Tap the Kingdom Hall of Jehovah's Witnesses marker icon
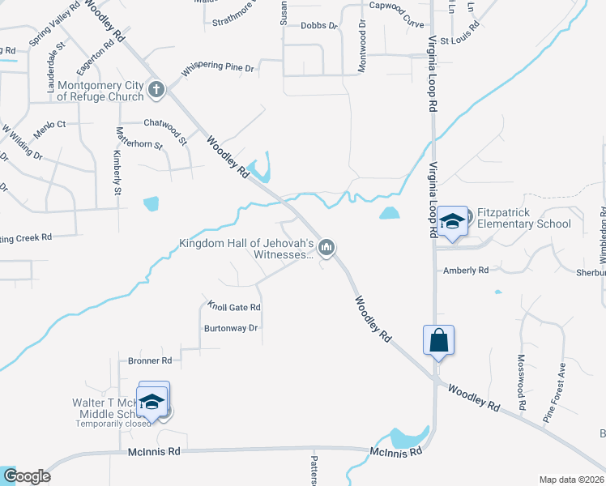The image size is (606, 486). point(326,247)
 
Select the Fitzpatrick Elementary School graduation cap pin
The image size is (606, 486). point(450,221)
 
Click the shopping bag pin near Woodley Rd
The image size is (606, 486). point(438,340)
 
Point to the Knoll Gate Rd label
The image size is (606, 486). point(233,308)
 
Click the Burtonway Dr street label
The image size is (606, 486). point(230,328)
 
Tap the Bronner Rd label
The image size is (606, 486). point(150,360)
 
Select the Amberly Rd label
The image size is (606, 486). point(465,271)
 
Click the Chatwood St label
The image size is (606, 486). point(166,123)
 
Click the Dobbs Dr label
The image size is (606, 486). point(318,26)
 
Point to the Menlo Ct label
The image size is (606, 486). point(49,125)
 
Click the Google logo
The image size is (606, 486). point(26,476)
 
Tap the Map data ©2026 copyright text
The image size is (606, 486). point(570,480)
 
